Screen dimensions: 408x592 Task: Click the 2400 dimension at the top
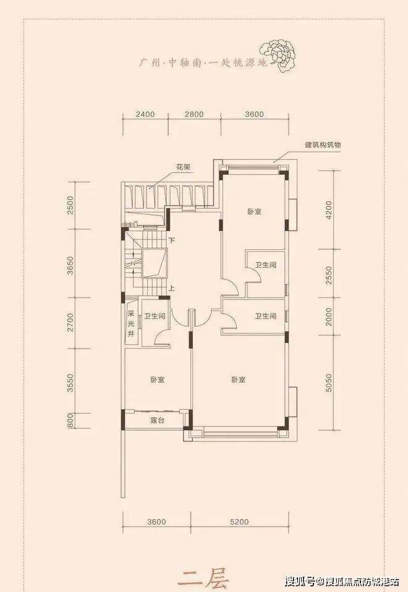145,114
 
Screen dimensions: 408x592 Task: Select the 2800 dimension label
194,114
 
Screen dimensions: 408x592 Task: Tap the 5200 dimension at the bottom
239,522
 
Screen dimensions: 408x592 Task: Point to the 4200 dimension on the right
328,211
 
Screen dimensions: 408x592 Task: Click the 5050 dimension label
328,383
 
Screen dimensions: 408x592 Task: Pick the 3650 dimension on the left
70,265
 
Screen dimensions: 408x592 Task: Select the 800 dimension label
70,420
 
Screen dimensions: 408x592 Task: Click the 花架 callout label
184,167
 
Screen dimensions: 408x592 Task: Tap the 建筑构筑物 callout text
323,144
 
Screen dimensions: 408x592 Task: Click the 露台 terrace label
157,420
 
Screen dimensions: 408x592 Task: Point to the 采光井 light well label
131,323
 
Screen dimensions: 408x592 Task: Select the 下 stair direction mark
172,240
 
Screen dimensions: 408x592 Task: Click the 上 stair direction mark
172,289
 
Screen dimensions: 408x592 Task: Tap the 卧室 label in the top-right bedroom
255,211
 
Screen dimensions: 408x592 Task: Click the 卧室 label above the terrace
157,380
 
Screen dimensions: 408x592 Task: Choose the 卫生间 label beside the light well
155,316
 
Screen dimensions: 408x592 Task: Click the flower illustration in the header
278,55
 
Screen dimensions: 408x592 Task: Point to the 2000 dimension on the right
328,317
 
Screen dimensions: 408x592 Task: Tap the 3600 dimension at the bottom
156,522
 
